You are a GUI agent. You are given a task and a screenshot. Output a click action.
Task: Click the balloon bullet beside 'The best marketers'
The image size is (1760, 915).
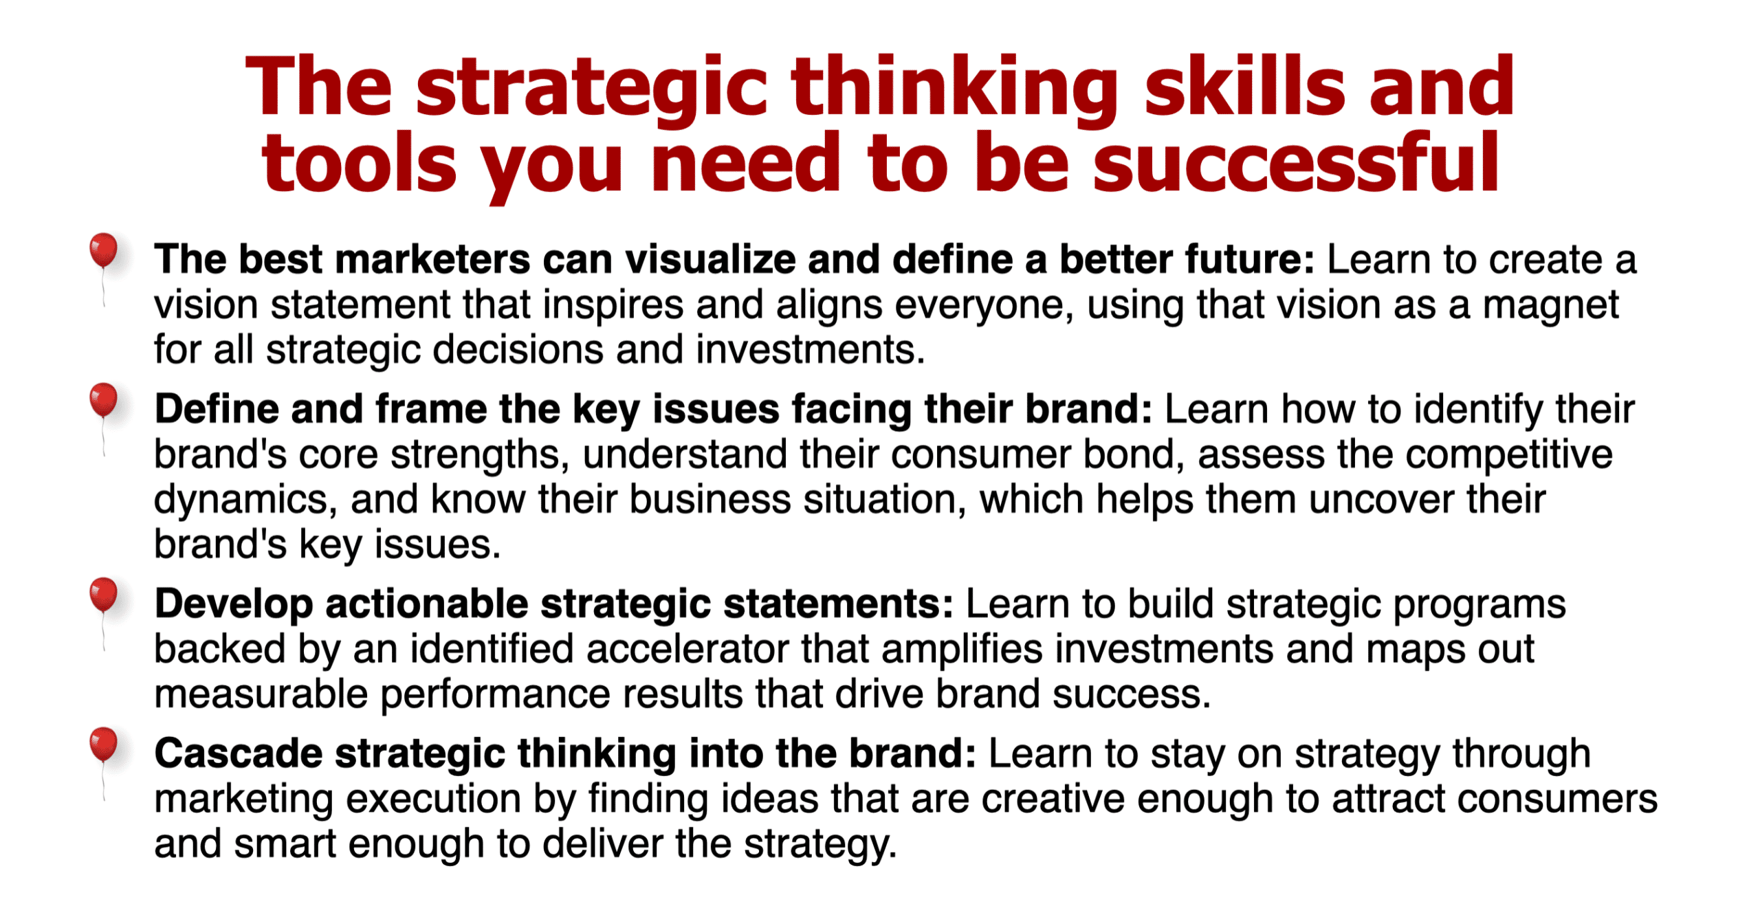click(103, 252)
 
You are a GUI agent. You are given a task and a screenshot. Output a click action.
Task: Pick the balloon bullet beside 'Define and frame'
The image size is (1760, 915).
click(103, 401)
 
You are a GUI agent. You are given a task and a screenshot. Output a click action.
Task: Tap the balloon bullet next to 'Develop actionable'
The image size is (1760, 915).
click(103, 595)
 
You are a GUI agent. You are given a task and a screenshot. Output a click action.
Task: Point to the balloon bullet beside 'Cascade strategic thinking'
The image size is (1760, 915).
click(103, 745)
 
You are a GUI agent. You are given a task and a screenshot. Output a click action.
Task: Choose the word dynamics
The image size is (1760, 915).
click(240, 499)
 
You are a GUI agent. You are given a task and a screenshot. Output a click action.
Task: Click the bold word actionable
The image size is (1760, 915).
click(426, 604)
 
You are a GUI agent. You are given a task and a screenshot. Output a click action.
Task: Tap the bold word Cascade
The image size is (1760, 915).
click(238, 753)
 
